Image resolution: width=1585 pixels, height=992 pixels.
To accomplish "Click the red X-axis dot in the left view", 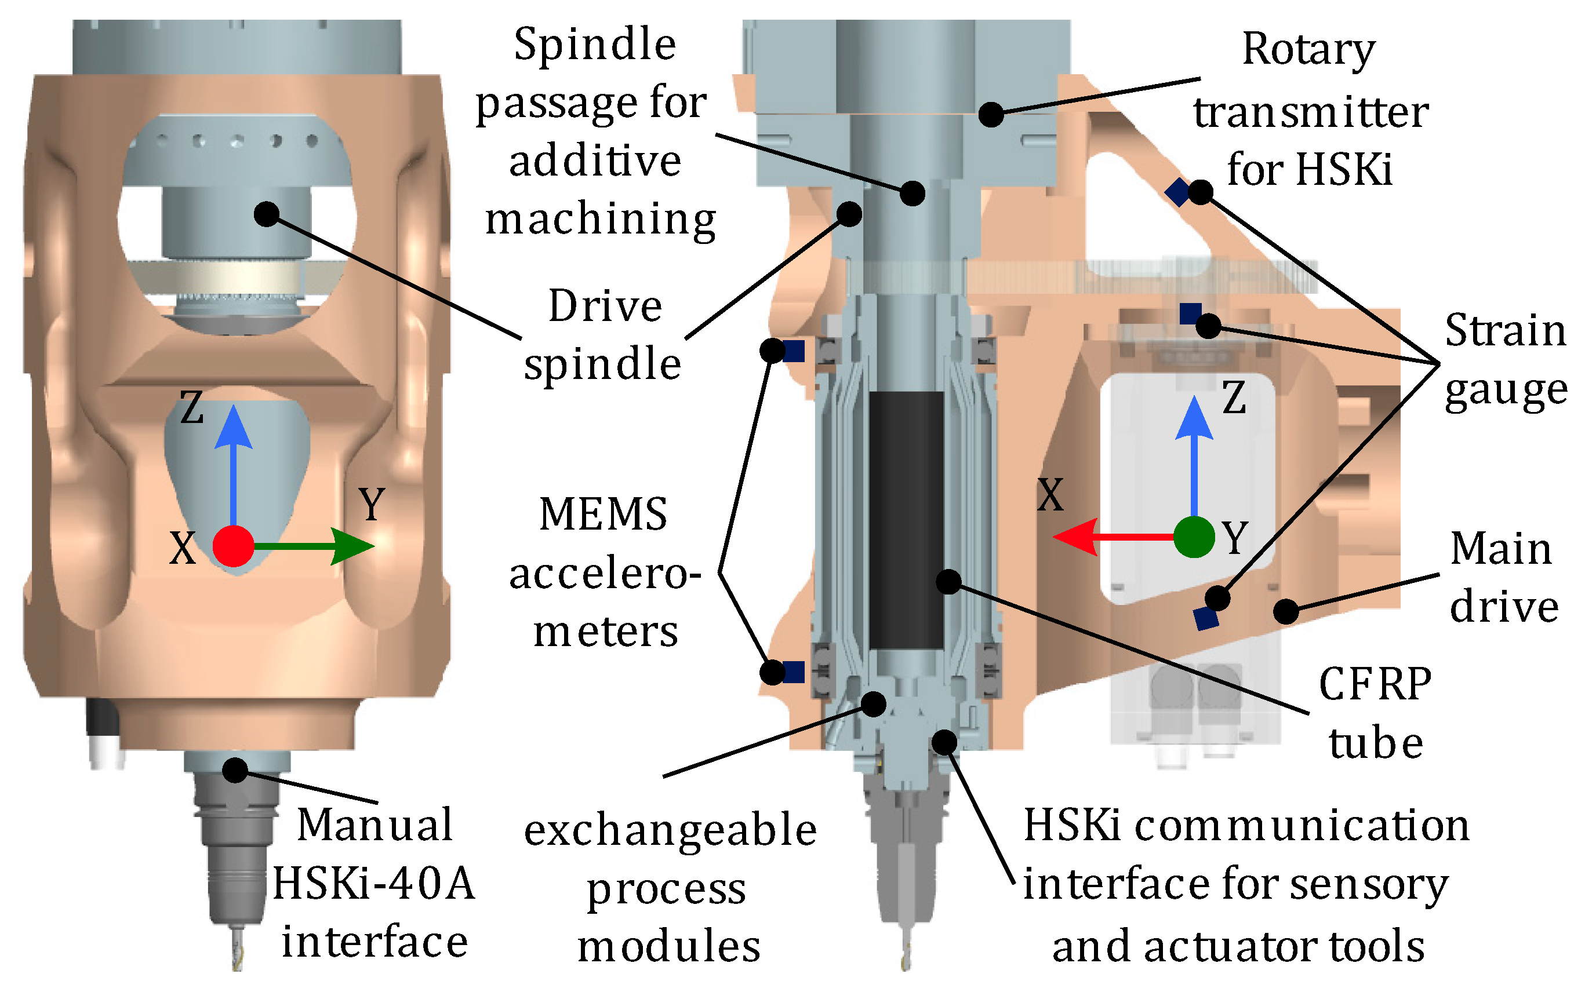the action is [233, 546].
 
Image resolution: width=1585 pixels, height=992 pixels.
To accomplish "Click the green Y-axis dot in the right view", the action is [1193, 537].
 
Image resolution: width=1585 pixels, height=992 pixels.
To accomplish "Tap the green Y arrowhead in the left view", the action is [352, 546].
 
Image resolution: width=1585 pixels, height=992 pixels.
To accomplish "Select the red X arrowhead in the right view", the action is [1075, 537].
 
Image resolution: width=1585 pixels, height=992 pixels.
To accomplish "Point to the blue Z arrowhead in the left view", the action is [233, 427].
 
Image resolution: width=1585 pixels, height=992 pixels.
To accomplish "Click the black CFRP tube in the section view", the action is [906, 520].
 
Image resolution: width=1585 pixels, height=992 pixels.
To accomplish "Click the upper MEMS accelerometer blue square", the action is [794, 351].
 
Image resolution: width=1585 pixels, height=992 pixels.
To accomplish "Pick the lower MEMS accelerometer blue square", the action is [794, 672].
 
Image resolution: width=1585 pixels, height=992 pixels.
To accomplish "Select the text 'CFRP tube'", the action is [1376, 714].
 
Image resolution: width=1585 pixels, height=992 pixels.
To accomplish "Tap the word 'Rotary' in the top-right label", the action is [1308, 49].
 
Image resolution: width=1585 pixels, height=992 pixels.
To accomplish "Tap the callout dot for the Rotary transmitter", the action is [991, 114].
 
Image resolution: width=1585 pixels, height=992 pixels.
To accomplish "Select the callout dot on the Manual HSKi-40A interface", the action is [235, 769].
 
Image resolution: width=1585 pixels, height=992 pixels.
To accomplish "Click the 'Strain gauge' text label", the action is [1506, 361].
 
